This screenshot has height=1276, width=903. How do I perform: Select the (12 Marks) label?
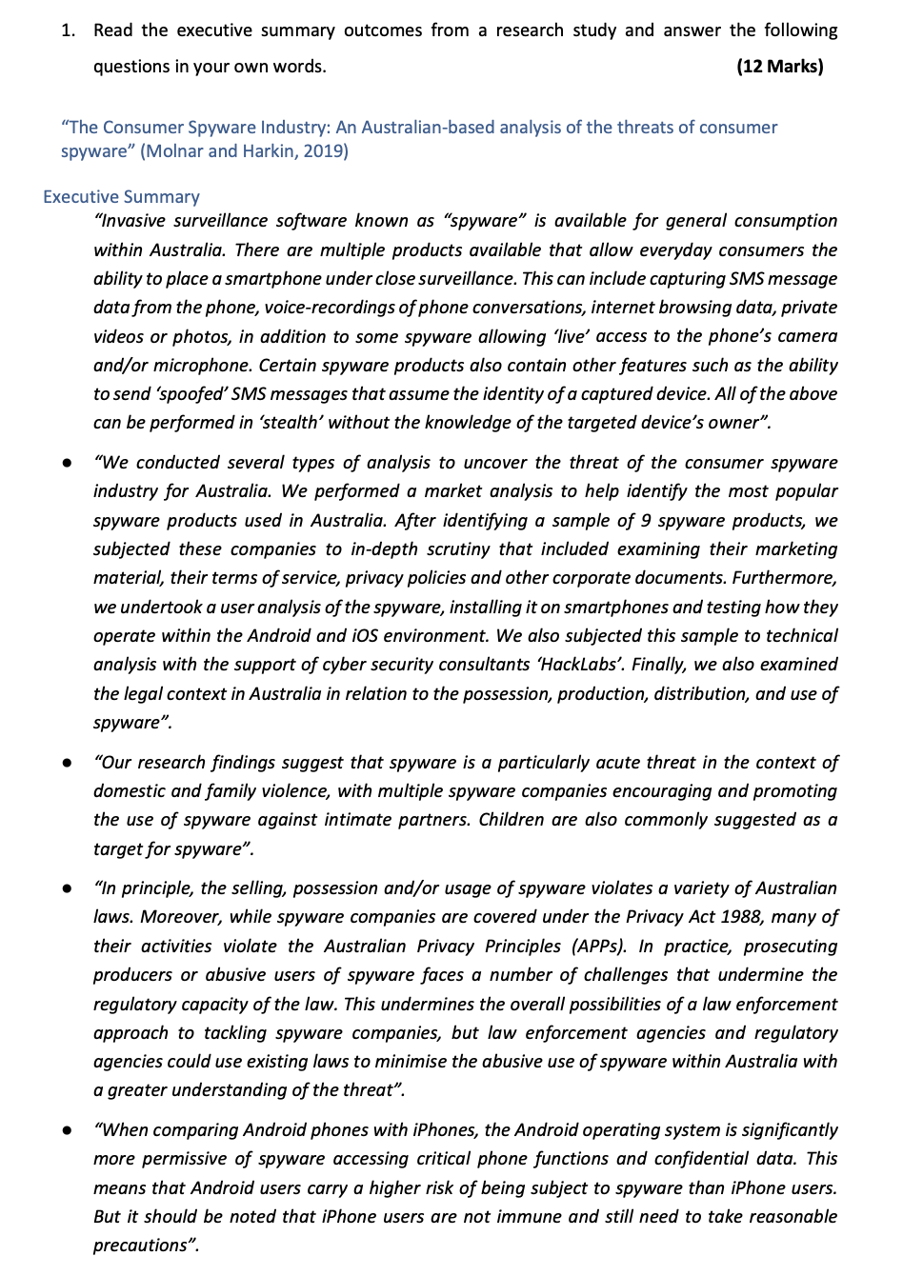click(779, 67)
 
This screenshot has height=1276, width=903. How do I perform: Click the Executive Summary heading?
click(121, 197)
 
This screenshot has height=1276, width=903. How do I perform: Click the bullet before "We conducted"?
click(67, 464)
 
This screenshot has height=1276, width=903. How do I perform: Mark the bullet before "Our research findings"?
click(67, 764)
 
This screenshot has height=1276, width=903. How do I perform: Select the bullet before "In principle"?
click(67, 889)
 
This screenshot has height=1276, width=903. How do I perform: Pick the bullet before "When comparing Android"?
click(67, 1131)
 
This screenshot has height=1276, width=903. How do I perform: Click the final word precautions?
click(141, 1246)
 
